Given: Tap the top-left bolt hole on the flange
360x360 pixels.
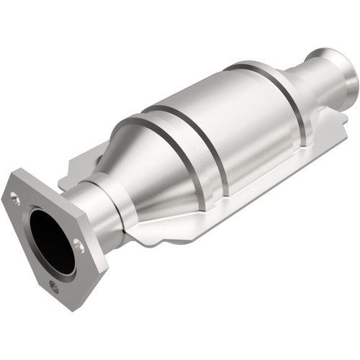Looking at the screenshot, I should [x=14, y=195].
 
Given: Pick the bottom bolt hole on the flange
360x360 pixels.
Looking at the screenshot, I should [x=53, y=286].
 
